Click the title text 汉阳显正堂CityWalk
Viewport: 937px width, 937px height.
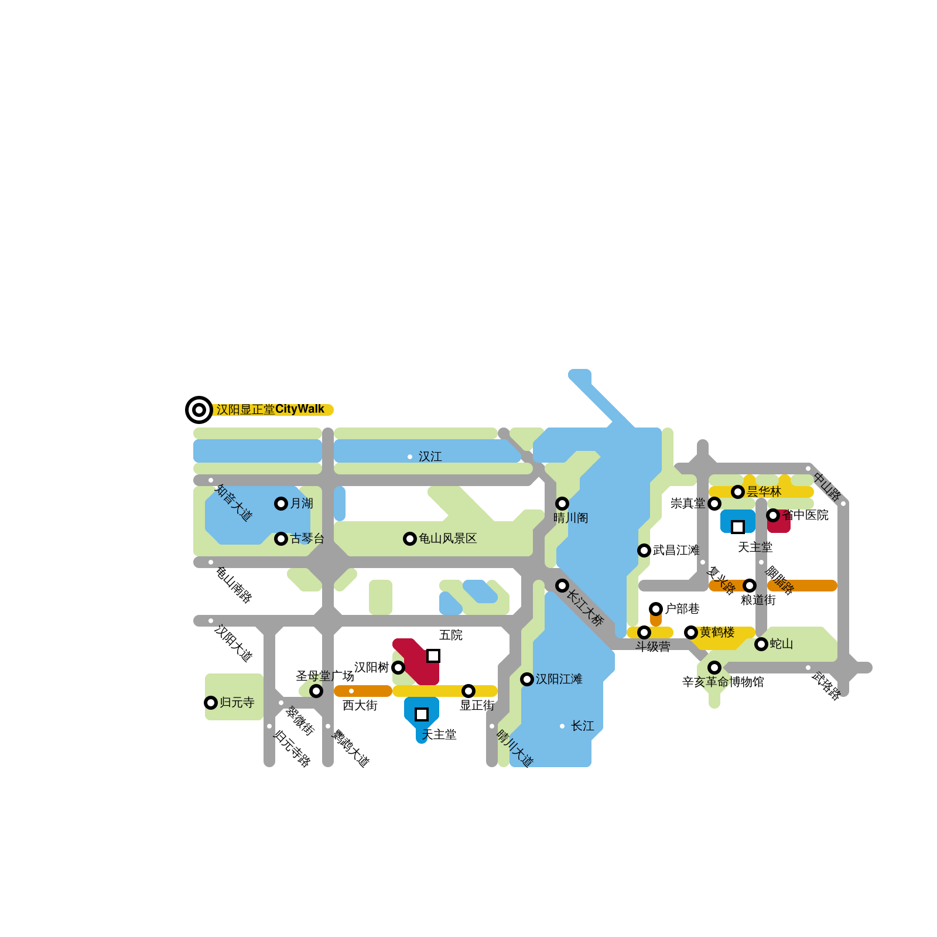[x=270, y=409]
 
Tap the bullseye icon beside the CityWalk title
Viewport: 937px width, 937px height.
[x=199, y=409]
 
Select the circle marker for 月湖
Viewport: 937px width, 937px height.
[x=281, y=504]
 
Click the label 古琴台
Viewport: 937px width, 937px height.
[x=307, y=539]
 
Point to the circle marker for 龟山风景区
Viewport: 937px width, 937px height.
[x=410, y=539]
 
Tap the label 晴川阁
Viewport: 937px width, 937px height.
[x=571, y=518]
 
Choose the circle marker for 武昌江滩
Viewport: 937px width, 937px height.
[x=644, y=550]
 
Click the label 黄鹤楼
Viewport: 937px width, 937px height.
[x=717, y=632]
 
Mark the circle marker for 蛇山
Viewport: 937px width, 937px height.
[x=761, y=644]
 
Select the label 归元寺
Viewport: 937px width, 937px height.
[x=237, y=703]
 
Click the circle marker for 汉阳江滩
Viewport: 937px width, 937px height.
[x=527, y=679]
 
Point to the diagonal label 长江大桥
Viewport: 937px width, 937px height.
[x=585, y=608]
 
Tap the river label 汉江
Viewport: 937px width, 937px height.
[x=430, y=457]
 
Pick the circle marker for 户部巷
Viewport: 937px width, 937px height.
[x=656, y=609]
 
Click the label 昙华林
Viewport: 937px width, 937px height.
[x=764, y=492]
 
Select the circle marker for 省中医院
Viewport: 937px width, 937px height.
[x=773, y=515]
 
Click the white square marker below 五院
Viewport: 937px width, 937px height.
[x=433, y=656]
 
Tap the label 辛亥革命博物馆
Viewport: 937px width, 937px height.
[x=723, y=682]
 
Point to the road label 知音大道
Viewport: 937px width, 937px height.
[x=234, y=502]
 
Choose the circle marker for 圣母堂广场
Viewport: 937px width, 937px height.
[x=316, y=691]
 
